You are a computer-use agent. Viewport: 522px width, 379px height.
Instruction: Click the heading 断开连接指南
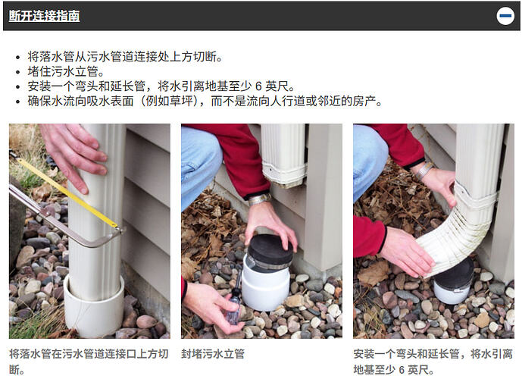(44, 16)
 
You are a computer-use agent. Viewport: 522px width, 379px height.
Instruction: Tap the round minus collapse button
(505, 16)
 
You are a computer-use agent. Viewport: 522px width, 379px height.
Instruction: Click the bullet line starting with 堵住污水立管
(66, 71)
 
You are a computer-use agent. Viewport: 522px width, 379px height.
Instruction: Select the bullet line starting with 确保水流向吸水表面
(205, 101)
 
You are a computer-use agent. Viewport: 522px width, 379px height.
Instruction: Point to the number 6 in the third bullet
(258, 86)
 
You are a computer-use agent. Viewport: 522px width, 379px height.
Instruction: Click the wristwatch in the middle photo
(260, 199)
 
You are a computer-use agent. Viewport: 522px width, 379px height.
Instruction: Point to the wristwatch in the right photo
(424, 171)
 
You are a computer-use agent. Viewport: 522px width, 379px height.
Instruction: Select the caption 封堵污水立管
(213, 354)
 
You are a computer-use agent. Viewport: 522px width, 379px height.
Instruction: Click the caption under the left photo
(89, 362)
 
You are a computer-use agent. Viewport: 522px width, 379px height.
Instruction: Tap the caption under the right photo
(433, 362)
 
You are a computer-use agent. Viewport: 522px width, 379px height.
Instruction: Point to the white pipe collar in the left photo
(94, 306)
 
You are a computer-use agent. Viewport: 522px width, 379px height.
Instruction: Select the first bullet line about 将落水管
(125, 57)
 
